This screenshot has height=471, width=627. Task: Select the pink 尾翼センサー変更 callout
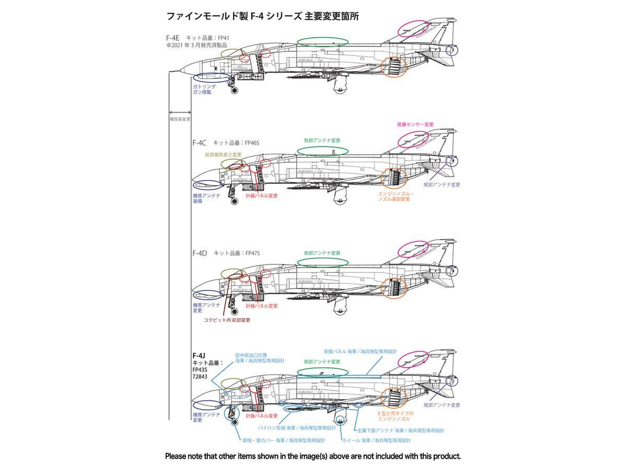pyautogui.click(x=415, y=125)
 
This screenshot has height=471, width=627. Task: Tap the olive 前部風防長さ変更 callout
pyautogui.click(x=223, y=155)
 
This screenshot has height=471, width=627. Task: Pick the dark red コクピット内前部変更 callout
pyautogui.click(x=227, y=320)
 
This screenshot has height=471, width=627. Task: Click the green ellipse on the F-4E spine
pyautogui.click(x=322, y=41)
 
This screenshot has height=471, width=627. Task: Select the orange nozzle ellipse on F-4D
pyautogui.click(x=393, y=288)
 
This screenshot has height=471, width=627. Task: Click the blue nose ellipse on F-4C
pyautogui.click(x=206, y=185)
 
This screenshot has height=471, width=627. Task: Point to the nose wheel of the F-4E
pyautogui.click(x=234, y=91)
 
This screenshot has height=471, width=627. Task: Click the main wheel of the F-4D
pyautogui.click(x=340, y=311)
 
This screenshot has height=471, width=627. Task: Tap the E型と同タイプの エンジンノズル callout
pyautogui.click(x=395, y=416)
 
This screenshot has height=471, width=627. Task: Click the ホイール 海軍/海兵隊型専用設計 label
pyautogui.click(x=377, y=440)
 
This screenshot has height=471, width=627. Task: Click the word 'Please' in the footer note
pyautogui.click(x=178, y=456)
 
